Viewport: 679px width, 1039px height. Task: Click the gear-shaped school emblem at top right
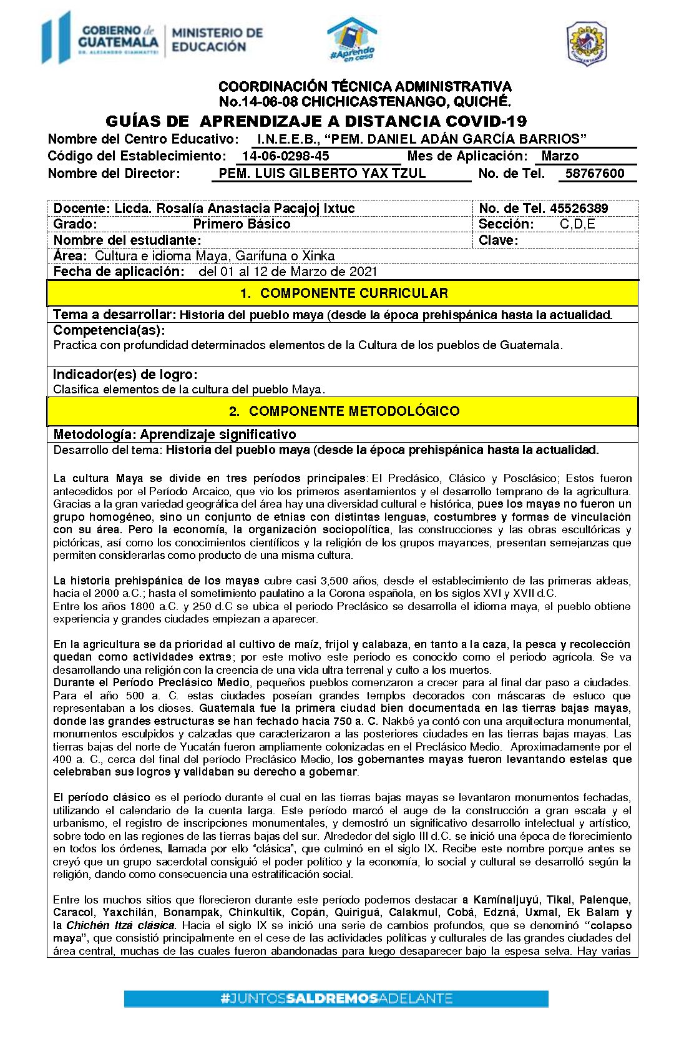[586, 43]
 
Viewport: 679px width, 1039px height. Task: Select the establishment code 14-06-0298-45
[286, 156]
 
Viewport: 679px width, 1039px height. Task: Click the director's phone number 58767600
[595, 174]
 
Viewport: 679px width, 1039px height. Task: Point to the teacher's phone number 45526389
[579, 209]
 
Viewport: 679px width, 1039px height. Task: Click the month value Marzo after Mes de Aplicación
[560, 156]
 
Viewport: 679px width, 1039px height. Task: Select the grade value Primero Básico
[242, 224]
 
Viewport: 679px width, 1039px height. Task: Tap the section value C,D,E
[577, 224]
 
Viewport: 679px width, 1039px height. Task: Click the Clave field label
[498, 240]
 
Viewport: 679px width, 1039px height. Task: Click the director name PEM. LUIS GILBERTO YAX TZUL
[322, 174]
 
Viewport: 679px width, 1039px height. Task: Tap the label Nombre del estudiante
[127, 240]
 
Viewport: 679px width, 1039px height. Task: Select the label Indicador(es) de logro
[125, 375]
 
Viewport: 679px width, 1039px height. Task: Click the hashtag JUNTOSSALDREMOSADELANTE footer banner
[336, 998]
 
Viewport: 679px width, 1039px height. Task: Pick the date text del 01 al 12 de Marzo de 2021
[288, 272]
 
